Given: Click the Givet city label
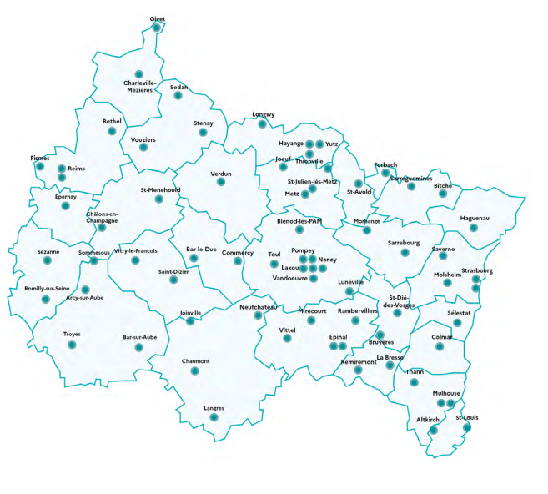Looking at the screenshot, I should (x=157, y=18).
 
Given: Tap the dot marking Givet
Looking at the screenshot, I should (x=157, y=28).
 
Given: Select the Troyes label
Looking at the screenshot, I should (x=72, y=334).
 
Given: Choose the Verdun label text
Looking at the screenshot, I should (x=221, y=173).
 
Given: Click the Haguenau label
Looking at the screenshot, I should (x=474, y=218).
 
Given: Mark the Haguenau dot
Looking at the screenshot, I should (x=473, y=228).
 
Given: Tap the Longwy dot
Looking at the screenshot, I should (x=263, y=124).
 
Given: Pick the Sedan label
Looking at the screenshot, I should (x=178, y=87).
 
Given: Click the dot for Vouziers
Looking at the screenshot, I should (x=143, y=148).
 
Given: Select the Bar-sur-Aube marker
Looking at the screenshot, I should (x=138, y=347).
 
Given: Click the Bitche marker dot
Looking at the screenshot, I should (x=443, y=194).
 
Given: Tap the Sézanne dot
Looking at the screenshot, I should (x=48, y=262).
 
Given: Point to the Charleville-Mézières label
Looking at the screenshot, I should (x=139, y=86).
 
